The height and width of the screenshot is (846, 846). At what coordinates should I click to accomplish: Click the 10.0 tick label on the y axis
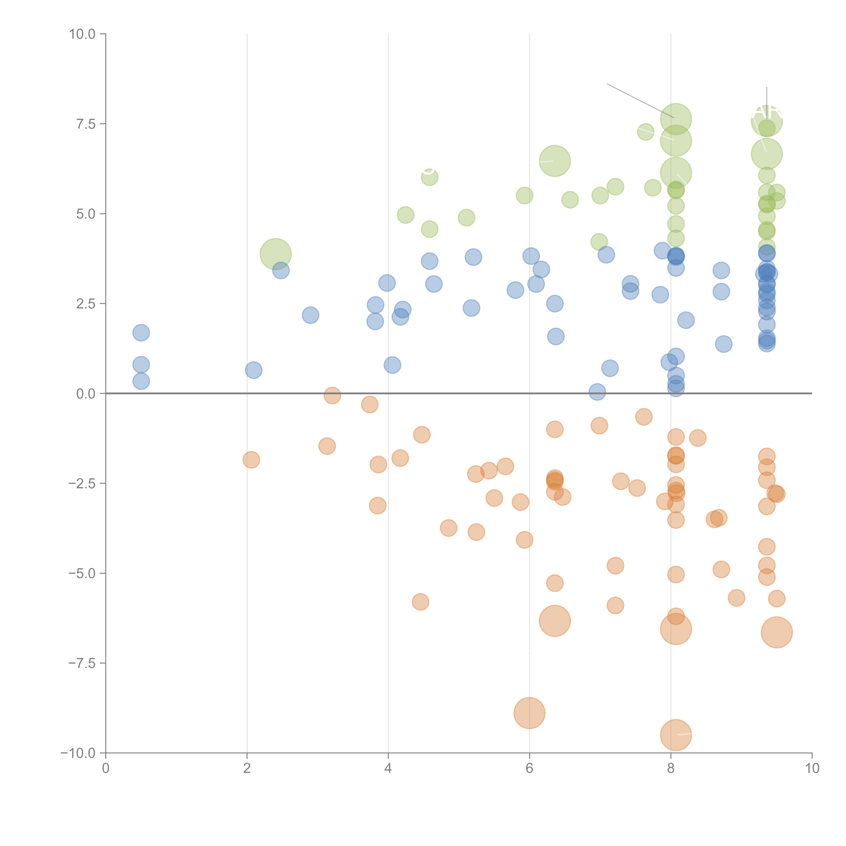(82, 34)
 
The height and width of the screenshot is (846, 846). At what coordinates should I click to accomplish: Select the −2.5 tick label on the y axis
(82, 483)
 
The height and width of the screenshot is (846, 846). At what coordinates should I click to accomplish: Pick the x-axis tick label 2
(247, 769)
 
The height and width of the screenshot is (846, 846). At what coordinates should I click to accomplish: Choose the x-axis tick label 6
(529, 769)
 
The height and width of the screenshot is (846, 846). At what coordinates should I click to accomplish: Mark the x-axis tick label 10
(812, 769)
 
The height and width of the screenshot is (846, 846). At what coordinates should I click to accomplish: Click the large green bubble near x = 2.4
(275, 254)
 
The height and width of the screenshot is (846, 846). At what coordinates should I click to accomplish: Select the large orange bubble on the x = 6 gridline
(529, 713)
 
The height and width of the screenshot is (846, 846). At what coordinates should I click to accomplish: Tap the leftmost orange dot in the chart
(251, 460)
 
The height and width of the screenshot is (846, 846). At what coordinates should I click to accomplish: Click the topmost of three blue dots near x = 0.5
(141, 333)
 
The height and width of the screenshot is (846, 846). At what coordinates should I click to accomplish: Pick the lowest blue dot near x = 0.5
(141, 381)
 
